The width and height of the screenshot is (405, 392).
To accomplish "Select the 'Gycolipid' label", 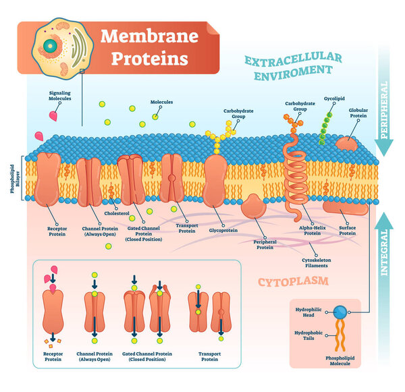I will coord(335,98).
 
